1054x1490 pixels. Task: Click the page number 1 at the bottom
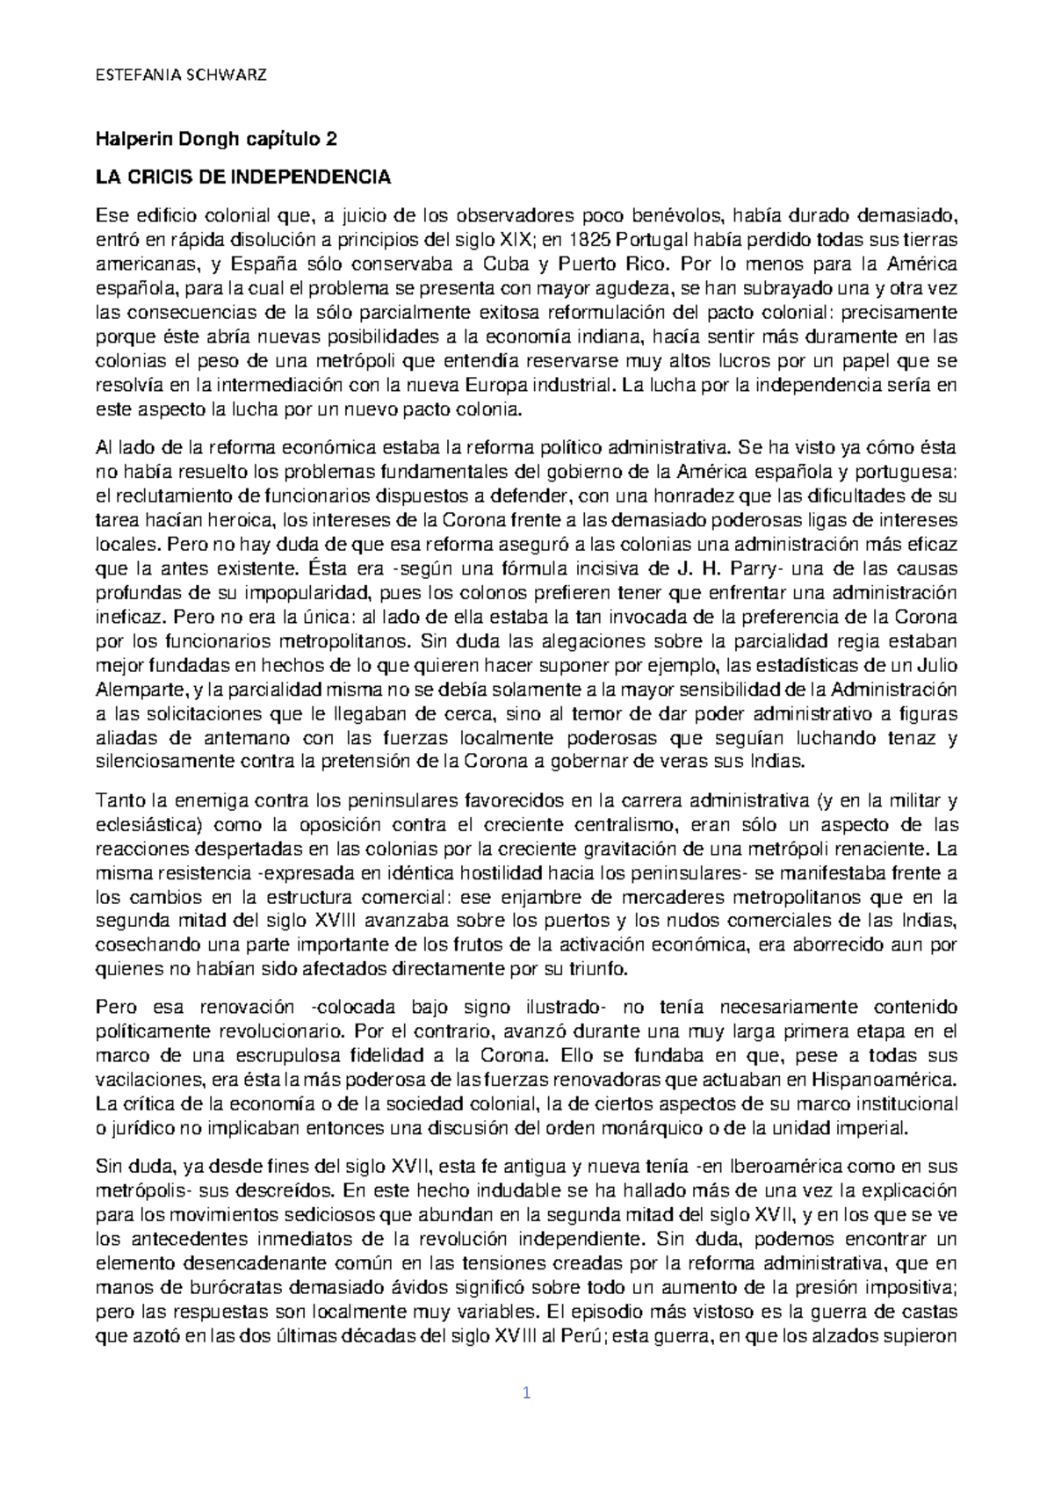click(527, 1393)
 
